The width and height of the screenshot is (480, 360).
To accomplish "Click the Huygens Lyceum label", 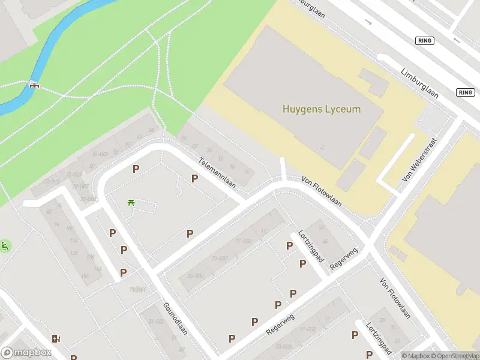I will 322,109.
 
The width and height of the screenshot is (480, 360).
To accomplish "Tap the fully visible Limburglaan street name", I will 419,82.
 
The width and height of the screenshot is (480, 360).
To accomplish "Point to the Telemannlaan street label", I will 218,173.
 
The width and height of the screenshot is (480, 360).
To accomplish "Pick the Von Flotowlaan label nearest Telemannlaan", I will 322,191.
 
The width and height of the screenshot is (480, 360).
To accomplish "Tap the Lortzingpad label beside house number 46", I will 311,248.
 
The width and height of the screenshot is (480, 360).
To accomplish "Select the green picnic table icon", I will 131,202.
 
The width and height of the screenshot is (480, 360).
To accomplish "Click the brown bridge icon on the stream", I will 34,85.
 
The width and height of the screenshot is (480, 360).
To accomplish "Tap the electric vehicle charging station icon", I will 56,338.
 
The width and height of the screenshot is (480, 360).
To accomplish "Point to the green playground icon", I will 5,245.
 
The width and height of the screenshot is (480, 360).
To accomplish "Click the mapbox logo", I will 26,353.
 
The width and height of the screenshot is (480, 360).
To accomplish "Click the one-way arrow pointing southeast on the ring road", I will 368,23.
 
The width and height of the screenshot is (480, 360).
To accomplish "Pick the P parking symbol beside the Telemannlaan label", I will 194,178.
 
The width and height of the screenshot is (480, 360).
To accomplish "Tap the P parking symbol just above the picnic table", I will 136,169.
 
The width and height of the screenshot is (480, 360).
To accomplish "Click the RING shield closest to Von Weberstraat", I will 465,92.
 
